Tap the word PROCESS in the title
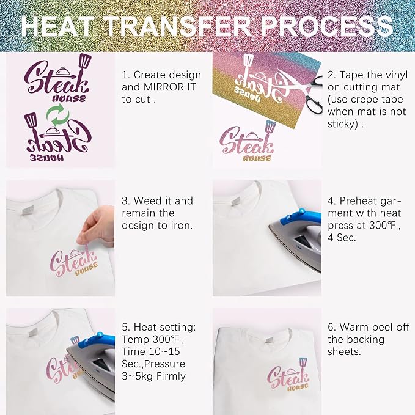[326, 26]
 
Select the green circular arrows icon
[58, 115]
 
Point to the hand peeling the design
[97, 224]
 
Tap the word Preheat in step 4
[358, 201]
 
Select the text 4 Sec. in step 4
[342, 237]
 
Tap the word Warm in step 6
[354, 327]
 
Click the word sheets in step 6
[344, 352]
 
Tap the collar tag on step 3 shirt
[28, 210]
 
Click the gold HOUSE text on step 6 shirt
[298, 387]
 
